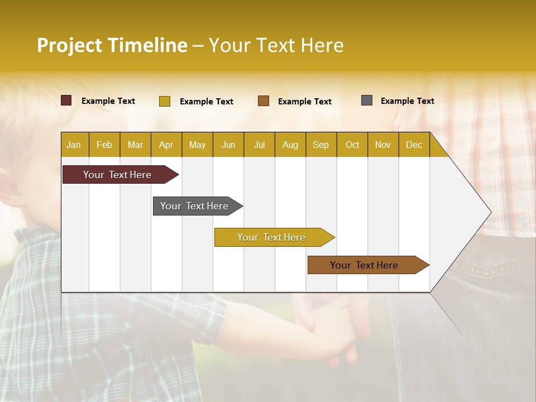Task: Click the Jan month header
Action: point(74,145)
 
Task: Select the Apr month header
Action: point(166,145)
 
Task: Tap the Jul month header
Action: point(259,145)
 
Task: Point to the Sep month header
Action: point(321,145)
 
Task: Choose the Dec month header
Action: point(414,145)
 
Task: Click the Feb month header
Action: point(104,145)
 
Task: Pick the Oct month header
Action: point(352,145)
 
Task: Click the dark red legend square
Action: point(66,100)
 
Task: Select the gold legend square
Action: point(165,101)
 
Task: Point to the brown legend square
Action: point(264,101)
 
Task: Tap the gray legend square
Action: point(367,100)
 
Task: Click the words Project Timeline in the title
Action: point(112,45)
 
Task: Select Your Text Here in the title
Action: point(276,45)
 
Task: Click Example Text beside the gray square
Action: point(407,101)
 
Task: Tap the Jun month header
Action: point(228,145)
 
